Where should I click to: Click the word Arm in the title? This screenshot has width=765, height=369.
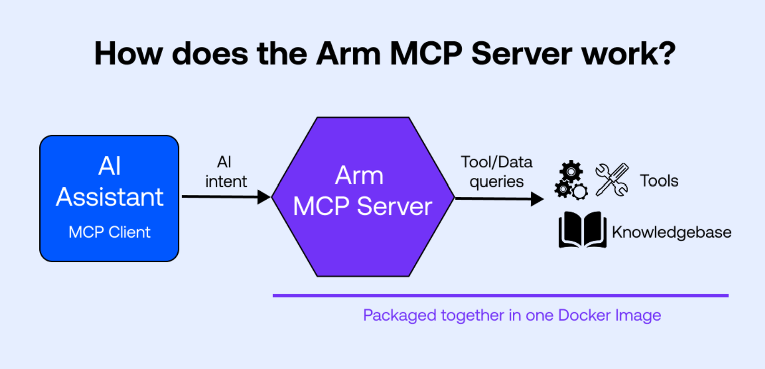[x=348, y=53]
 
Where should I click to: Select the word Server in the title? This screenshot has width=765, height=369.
[x=522, y=53]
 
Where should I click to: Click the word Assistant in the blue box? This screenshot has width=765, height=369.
[x=109, y=197]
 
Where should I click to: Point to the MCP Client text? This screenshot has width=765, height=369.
[x=109, y=232]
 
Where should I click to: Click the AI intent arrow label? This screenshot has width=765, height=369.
[x=226, y=172]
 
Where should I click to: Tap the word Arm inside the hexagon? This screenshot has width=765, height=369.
[x=359, y=175]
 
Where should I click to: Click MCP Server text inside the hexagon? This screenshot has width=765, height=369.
[x=363, y=206]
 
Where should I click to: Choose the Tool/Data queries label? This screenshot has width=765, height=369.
[x=496, y=172]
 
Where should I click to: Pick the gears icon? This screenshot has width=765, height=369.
[x=571, y=180]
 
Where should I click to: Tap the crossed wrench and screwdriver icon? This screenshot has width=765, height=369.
[x=612, y=180]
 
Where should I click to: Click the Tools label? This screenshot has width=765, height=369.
[x=659, y=181]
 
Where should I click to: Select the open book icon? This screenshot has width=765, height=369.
[x=582, y=230]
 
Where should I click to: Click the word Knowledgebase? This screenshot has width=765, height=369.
[x=671, y=232]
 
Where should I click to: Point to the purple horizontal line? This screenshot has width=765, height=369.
[x=500, y=295]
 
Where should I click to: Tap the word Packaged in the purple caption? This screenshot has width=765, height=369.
[x=400, y=315]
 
